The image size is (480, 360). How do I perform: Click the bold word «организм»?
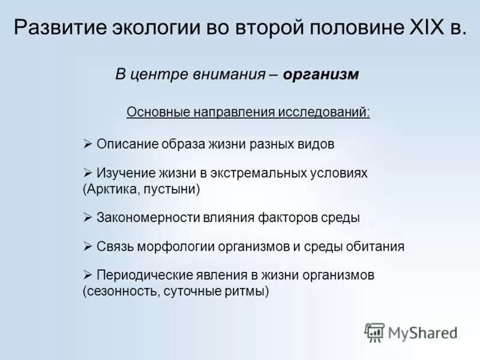(321, 74)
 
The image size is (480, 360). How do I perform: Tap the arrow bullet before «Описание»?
(87, 144)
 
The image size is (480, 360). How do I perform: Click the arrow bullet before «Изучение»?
(87, 172)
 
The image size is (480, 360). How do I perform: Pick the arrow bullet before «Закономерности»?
(87, 218)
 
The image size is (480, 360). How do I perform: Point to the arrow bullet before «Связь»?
(87, 246)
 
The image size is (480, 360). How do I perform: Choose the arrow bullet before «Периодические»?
(87, 275)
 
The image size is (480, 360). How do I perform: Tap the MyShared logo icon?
(374, 332)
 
